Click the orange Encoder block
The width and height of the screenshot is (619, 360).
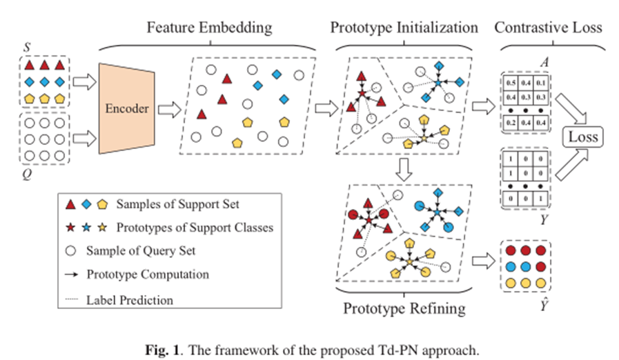point(128,109)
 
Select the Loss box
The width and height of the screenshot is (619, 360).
point(581,137)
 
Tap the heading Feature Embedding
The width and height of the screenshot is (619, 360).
point(208,28)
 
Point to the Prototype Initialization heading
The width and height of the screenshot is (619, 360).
point(404,28)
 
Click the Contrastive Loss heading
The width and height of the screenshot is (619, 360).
point(548,28)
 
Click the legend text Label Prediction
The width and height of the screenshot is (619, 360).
point(130,299)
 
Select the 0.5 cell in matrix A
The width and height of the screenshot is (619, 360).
point(511,83)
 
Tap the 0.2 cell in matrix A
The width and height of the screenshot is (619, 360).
point(511,122)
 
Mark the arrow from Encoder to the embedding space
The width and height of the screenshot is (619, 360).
point(168,109)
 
